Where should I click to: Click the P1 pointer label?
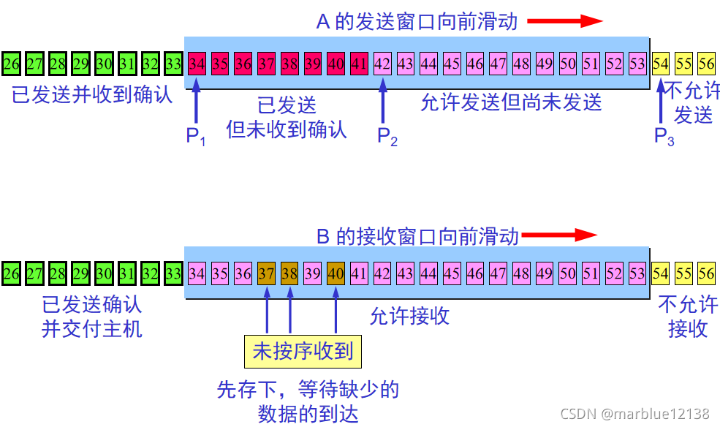point(195,135)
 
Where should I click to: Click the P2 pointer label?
point(387,135)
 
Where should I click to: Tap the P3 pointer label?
point(664,136)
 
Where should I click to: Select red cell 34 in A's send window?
point(196,64)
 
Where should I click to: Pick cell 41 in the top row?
point(359,64)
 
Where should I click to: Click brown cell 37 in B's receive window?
point(267,274)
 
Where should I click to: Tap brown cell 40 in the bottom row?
point(336,274)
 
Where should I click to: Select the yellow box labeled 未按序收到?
point(303,352)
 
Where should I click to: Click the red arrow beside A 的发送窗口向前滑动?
point(564,21)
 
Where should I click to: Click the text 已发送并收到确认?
point(92,95)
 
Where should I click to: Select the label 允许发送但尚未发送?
point(511,102)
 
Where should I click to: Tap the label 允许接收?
point(409,316)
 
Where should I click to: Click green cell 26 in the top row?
point(11,64)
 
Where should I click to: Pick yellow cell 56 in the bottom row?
point(706,274)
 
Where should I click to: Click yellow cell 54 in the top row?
point(661,64)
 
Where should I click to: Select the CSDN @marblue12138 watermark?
point(634,414)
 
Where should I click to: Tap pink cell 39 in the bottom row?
point(312,274)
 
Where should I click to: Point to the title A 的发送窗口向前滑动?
point(417,21)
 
